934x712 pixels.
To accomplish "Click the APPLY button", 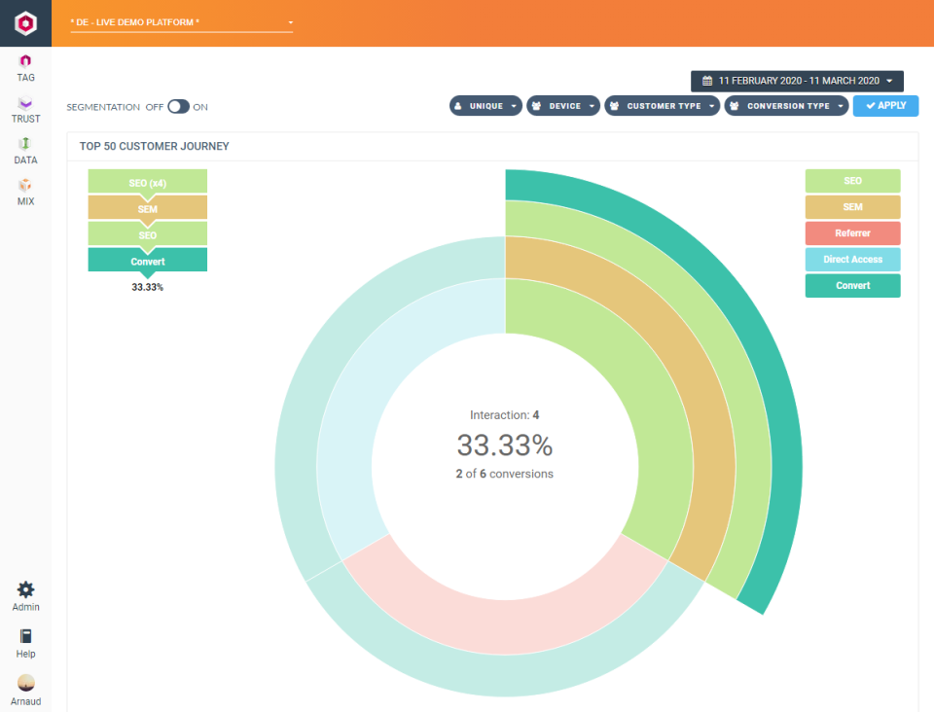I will point(885,106).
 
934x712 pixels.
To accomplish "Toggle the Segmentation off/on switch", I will point(178,107).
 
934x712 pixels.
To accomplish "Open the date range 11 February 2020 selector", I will point(797,81).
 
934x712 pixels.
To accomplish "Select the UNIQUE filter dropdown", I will point(485,106).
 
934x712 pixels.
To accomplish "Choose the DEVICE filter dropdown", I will point(563,106).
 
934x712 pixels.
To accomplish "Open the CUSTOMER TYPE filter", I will point(663,106).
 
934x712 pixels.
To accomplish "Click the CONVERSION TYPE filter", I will point(786,106).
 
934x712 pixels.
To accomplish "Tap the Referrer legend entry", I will point(852,233).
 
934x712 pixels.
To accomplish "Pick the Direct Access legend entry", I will point(852,260).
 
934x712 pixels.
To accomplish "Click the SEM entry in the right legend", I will point(852,207).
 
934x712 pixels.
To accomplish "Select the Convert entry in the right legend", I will point(852,286).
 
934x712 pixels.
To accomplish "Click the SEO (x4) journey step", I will point(147,182).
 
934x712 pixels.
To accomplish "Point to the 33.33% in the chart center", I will point(504,445).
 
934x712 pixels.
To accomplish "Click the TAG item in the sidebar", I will point(26,67).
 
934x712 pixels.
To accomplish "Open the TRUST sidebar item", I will point(26,109).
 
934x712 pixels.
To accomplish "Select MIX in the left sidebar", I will point(26,192).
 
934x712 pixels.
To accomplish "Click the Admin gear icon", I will point(26,589).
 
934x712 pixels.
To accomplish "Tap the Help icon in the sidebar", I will point(26,636).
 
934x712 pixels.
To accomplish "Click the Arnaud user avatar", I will point(26,683).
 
